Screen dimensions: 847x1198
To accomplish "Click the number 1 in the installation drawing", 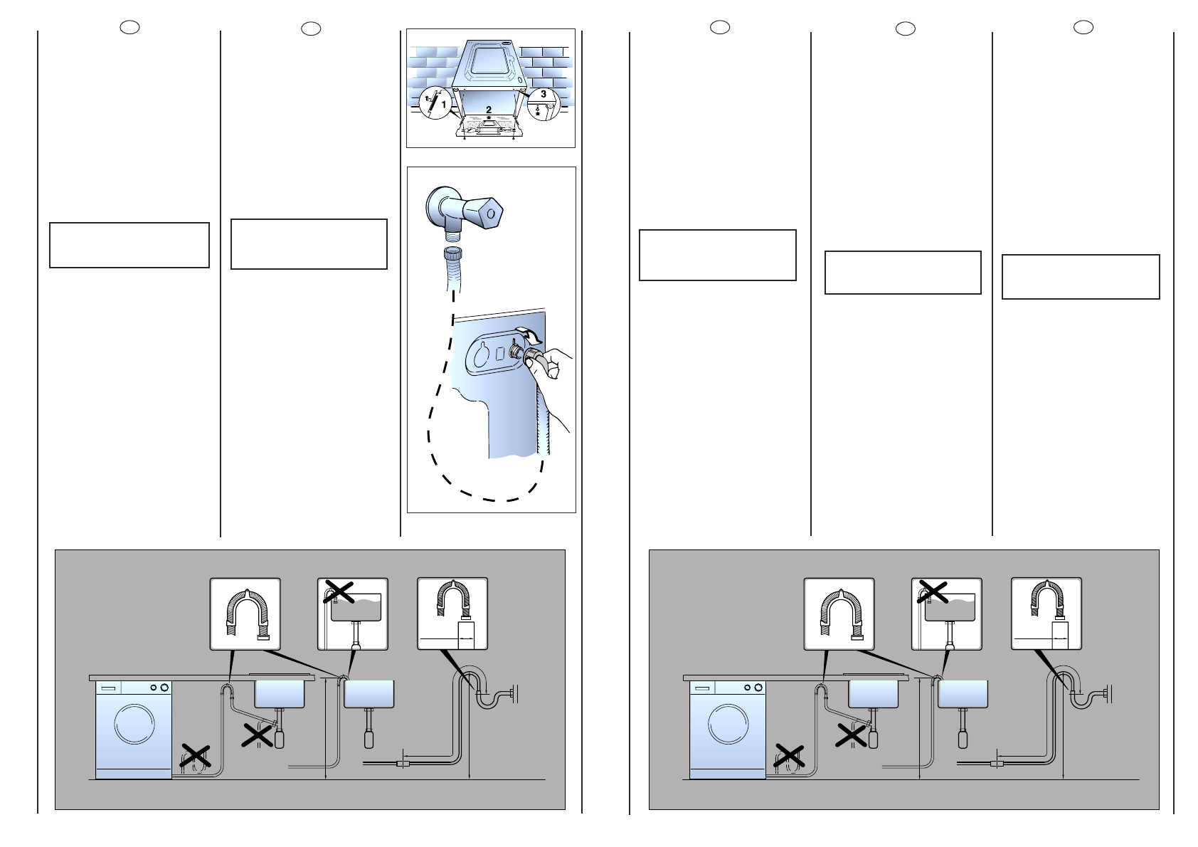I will click(445, 105).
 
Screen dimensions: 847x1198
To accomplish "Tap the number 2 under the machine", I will click(489, 110).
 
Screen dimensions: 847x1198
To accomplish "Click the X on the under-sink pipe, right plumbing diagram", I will click(852, 735).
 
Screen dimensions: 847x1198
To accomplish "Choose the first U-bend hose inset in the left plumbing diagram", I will click(245, 613).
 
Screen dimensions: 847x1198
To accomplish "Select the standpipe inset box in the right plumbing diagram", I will click(1046, 613).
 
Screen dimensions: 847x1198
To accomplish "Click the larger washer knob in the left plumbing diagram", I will click(165, 688).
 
